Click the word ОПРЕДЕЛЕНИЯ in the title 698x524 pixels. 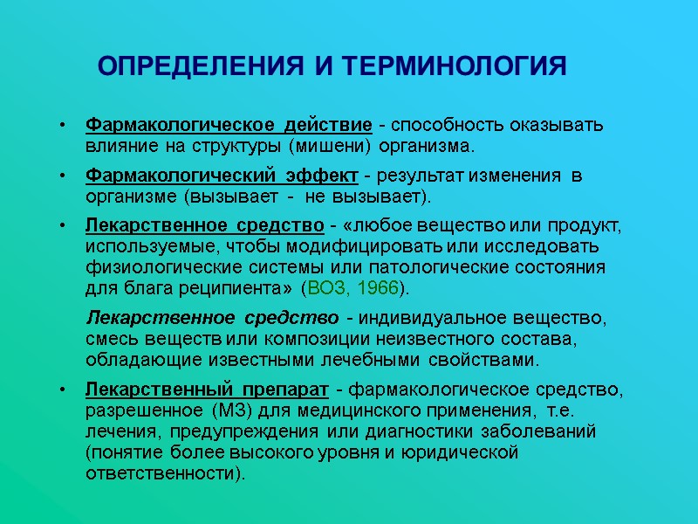203,66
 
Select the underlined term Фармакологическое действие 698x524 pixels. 229,125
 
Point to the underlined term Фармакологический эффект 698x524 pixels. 222,176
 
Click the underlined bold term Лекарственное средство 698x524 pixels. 205,227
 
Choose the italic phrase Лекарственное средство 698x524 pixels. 212,316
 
